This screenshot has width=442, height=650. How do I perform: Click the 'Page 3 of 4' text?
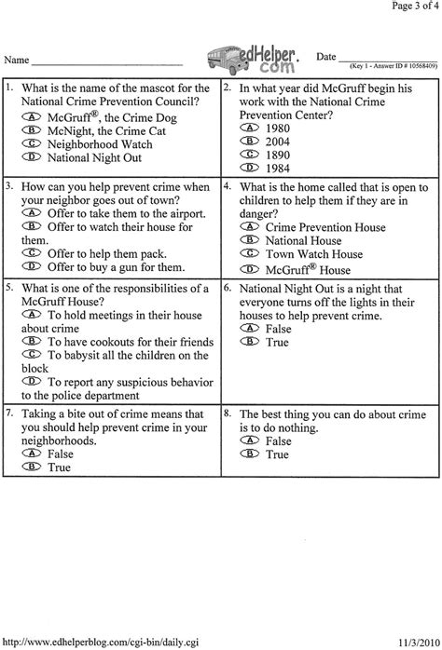tap(409, 7)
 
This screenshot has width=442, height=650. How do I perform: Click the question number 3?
tap(8, 185)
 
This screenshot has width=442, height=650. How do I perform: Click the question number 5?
tap(8, 286)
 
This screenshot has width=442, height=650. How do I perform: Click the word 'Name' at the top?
tap(16, 59)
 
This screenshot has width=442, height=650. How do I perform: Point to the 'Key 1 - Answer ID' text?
tap(390, 67)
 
